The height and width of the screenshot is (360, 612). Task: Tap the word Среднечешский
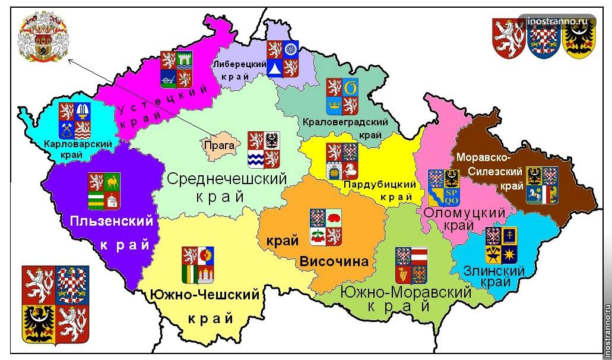(x=227, y=178)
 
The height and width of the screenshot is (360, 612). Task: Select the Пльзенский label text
(x=111, y=222)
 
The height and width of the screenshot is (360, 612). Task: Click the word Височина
(x=334, y=261)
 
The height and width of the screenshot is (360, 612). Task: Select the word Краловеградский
(x=345, y=122)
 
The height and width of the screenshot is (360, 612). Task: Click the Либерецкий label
(x=239, y=64)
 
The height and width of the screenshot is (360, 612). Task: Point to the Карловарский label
(x=78, y=144)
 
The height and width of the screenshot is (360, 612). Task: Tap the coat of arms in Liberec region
(x=282, y=59)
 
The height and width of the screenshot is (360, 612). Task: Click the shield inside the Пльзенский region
(x=104, y=191)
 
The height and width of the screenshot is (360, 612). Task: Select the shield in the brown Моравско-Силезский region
(x=542, y=185)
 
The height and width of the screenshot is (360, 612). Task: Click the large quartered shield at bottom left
(x=55, y=304)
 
